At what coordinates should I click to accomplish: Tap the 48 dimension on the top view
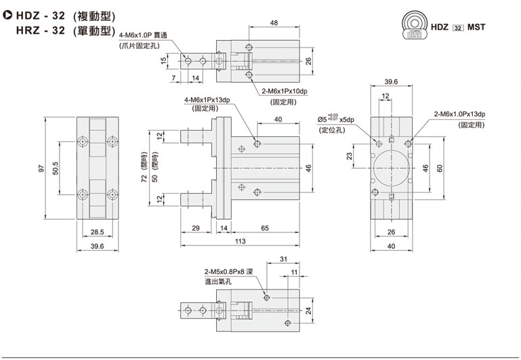click(274, 23)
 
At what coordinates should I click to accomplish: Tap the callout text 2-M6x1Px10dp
click(284, 92)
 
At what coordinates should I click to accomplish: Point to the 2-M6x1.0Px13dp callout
click(461, 115)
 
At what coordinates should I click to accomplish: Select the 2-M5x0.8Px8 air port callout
click(224, 270)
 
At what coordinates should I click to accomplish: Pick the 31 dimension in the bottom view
click(283, 258)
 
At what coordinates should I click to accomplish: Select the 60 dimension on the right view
click(439, 168)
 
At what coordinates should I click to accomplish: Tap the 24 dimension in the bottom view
click(309, 311)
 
